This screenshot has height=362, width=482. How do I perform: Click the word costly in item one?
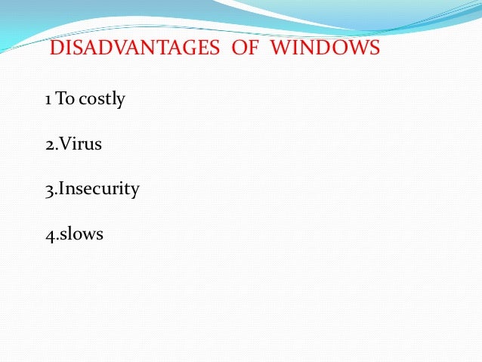tap(100, 99)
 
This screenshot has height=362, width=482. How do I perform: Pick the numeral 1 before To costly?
tap(48, 99)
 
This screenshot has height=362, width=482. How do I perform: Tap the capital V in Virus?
tap(66, 144)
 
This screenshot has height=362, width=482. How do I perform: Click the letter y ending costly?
tap(121, 101)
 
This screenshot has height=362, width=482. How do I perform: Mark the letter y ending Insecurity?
tap(135, 191)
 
